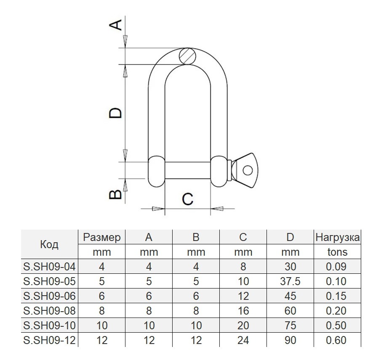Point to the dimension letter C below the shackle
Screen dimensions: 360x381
tap(187, 199)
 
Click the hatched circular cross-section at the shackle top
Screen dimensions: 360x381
tap(187, 56)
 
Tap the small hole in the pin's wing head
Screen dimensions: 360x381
tap(248, 170)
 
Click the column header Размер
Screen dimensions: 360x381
tap(102, 238)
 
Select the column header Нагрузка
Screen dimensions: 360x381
tap(338, 238)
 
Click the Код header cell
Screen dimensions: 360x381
tap(49, 245)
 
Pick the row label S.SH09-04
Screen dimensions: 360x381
tap(49, 267)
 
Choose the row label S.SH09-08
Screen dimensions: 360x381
tap(49, 311)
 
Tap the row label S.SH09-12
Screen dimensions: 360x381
tap(49, 340)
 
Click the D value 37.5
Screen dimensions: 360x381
tap(290, 281)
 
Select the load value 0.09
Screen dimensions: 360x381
tap(337, 267)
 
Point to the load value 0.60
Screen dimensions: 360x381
tap(337, 340)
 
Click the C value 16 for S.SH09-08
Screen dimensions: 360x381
tap(243, 311)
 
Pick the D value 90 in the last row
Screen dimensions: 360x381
tap(290, 340)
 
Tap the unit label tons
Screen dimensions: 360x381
tap(337, 252)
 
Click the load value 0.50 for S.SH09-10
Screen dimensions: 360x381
tap(337, 326)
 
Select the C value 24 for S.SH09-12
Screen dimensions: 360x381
tap(243, 340)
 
